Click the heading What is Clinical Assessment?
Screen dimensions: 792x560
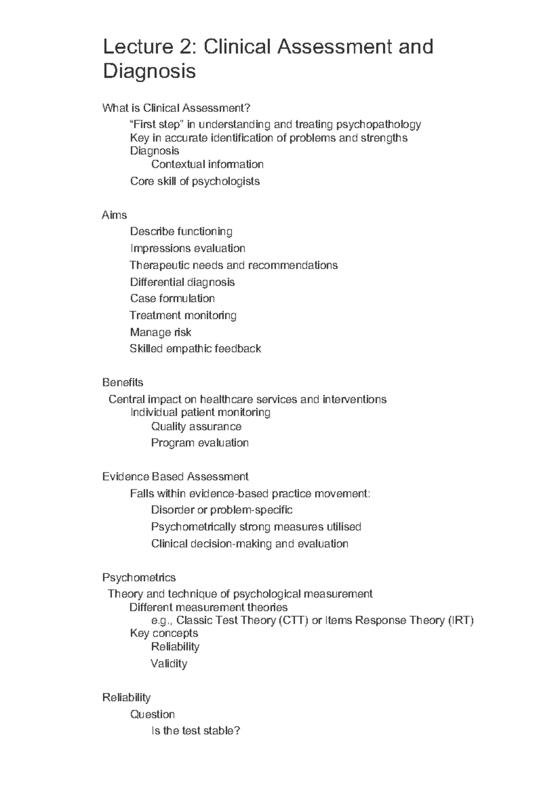(x=176, y=108)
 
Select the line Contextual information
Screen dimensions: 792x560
(x=207, y=164)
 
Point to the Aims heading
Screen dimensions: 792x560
(x=114, y=215)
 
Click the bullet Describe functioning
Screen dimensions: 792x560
(x=181, y=231)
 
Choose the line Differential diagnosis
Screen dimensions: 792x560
(x=182, y=282)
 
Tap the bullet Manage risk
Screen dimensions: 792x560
(x=161, y=332)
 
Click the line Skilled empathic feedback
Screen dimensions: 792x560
(x=195, y=348)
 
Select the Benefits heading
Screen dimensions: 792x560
(x=122, y=382)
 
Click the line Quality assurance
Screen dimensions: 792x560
(x=196, y=426)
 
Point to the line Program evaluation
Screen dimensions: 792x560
(x=200, y=443)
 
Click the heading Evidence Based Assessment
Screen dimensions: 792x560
(x=175, y=477)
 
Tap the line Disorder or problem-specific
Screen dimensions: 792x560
(x=222, y=510)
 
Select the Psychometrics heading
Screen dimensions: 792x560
(x=139, y=577)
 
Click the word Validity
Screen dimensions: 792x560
(x=168, y=663)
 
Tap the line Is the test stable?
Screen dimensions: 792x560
(x=196, y=731)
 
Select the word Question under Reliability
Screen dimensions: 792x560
(x=152, y=714)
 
